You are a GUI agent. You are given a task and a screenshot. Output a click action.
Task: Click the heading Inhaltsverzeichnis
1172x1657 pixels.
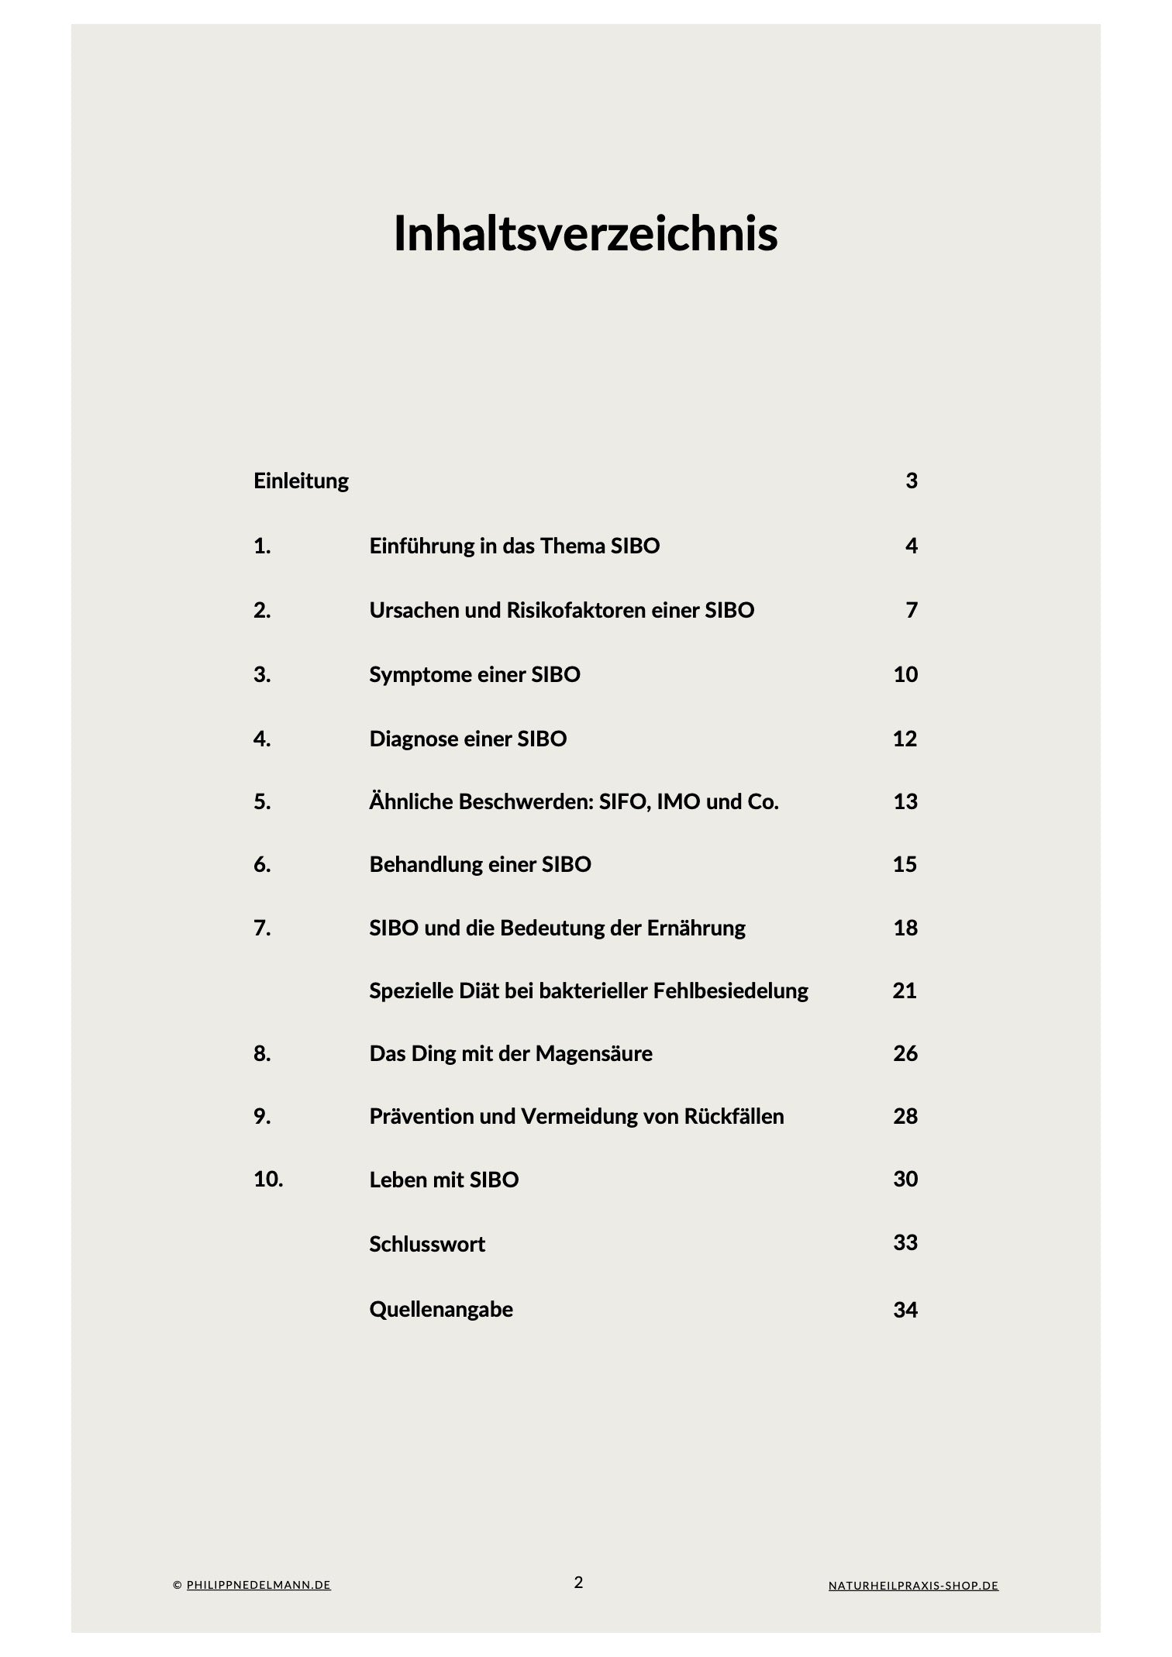[x=585, y=233]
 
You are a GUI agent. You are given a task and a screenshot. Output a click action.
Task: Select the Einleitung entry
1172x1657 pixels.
[x=301, y=481]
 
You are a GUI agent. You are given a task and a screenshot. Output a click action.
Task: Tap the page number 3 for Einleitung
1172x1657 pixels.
[x=912, y=481]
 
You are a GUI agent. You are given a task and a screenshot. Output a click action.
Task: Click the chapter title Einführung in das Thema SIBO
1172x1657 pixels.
[x=514, y=546]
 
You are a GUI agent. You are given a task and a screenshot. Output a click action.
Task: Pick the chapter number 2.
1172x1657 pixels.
[x=262, y=610]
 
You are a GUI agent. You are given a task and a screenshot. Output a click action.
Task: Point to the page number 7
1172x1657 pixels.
[x=912, y=610]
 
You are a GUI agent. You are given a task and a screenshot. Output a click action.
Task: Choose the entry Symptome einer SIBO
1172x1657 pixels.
[x=474, y=674]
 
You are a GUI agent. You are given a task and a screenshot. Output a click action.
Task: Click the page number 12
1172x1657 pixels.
[x=905, y=739]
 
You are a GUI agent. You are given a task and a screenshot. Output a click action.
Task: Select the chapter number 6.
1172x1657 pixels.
[x=262, y=864]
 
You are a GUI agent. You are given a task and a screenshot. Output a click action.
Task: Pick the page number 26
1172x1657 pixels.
[x=905, y=1053]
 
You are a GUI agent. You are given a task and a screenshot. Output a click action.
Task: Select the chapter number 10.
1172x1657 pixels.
[x=268, y=1179]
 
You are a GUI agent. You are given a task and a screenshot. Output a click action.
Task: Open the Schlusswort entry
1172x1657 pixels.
[x=427, y=1244]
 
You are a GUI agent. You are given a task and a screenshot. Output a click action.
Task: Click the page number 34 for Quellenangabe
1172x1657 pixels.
[x=905, y=1310]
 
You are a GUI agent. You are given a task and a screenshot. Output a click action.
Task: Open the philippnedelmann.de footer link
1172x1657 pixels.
[x=258, y=1585]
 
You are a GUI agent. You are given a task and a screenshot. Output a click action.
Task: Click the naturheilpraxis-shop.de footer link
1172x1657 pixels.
[x=913, y=1586]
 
